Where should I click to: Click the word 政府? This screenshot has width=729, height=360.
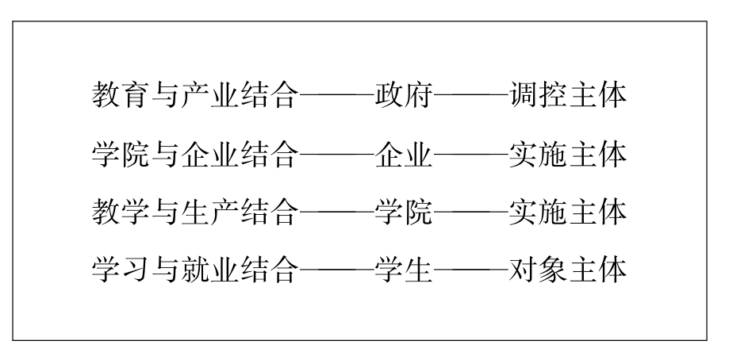coord(404,95)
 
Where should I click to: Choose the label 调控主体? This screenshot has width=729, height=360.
coord(568,95)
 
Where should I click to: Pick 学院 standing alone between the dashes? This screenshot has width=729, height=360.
coord(404,212)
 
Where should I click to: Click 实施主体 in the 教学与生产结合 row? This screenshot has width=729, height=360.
coord(568,212)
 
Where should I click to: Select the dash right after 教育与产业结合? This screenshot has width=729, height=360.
coord(337,96)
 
